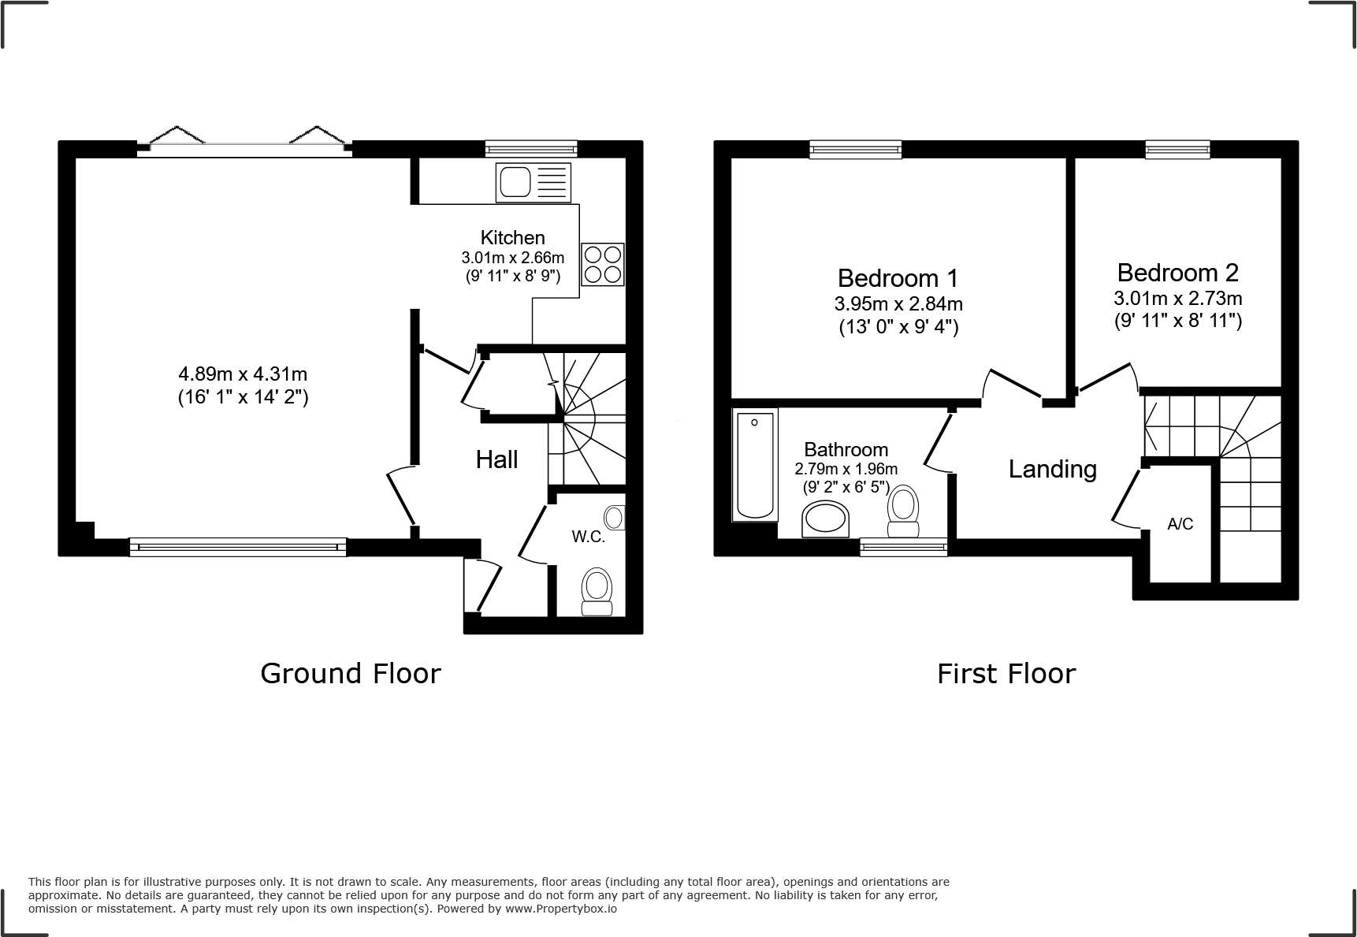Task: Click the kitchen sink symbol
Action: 533,182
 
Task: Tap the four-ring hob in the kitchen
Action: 603,264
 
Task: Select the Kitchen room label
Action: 512,237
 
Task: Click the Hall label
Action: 496,459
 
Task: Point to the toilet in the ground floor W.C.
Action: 597,593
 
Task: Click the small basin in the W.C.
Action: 614,518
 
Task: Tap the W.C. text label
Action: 588,537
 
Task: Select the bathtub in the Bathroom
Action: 755,465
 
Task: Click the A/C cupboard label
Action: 1180,524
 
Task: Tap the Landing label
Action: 1052,469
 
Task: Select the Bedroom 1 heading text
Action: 898,277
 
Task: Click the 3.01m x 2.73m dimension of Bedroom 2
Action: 1177,299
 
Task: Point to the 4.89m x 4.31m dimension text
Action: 243,374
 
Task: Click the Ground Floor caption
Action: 350,673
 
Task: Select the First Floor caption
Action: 1006,674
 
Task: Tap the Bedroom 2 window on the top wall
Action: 1177,149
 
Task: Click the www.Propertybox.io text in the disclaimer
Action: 560,909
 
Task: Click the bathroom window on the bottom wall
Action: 903,546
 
